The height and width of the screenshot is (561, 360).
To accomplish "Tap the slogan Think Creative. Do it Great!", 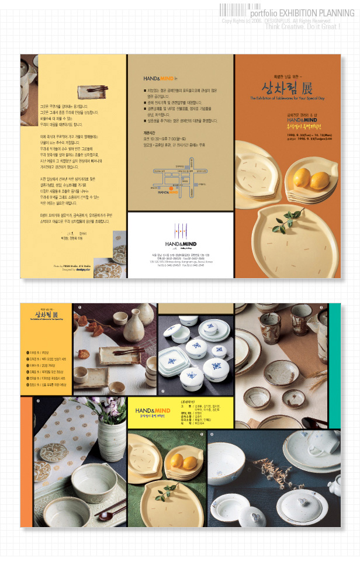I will point(302,26).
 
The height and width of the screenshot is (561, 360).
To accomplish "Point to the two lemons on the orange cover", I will point(311,176).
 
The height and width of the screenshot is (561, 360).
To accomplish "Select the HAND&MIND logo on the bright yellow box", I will point(153,411).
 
